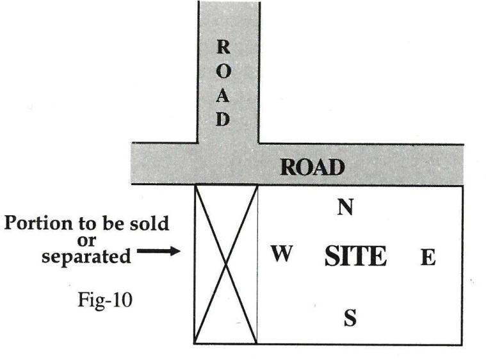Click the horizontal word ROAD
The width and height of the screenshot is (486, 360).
click(x=312, y=168)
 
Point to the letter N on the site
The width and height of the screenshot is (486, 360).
click(x=346, y=208)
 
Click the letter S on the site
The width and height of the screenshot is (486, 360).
click(x=350, y=318)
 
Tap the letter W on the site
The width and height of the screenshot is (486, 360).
click(x=282, y=254)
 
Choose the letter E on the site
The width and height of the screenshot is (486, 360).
click(x=427, y=258)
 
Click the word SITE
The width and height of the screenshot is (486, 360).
click(x=355, y=257)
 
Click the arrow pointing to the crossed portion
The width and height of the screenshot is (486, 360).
click(x=158, y=252)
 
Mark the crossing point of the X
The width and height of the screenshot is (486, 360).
click(x=225, y=263)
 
